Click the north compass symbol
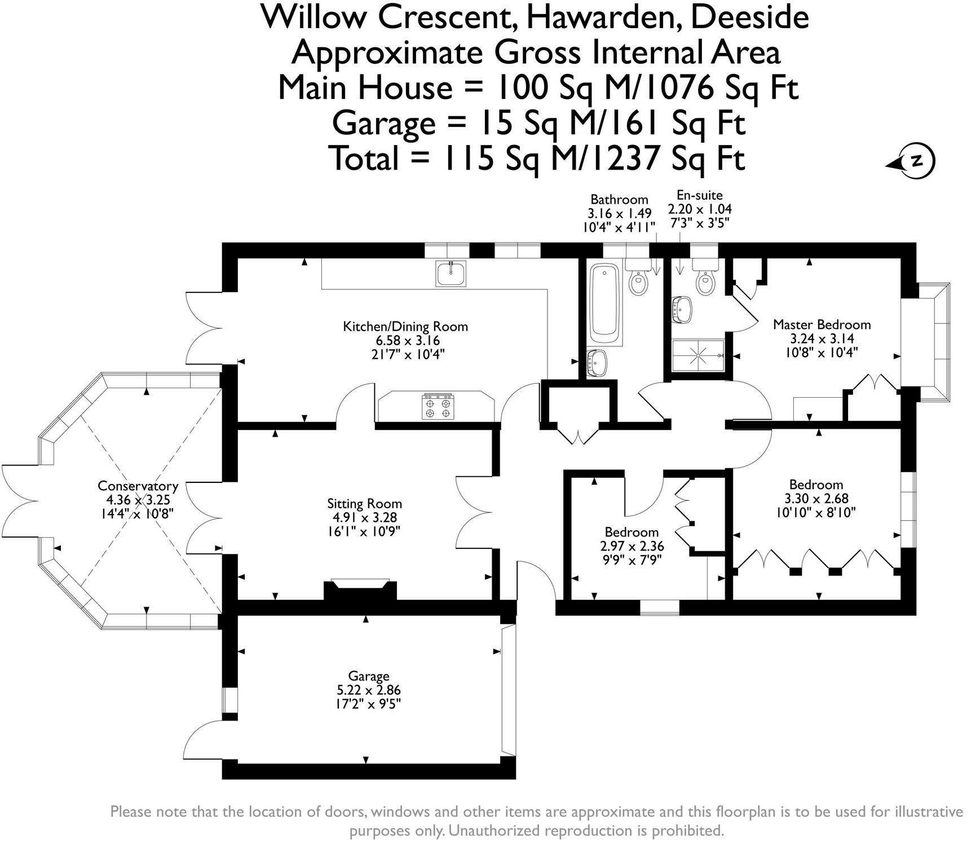[x=916, y=161]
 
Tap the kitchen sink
[x=451, y=274]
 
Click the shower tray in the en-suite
[x=698, y=355]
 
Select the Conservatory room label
[x=138, y=486]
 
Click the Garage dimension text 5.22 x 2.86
[x=369, y=689]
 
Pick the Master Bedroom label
[x=822, y=324]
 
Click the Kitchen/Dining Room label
[x=405, y=326]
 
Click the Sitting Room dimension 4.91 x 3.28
[x=364, y=517]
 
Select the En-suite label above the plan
[x=699, y=195]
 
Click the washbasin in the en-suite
[x=682, y=309]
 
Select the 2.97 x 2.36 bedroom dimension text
[x=632, y=546]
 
